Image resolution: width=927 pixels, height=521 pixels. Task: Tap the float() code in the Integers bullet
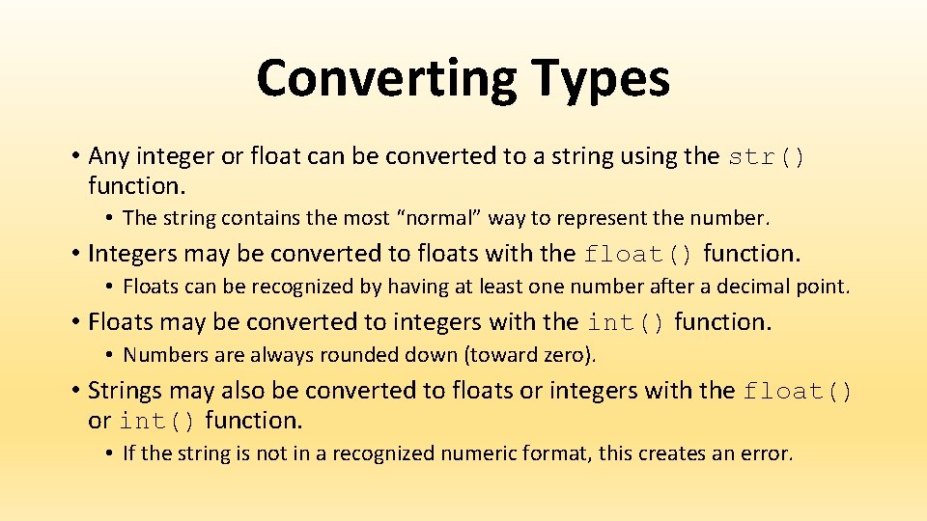click(x=639, y=255)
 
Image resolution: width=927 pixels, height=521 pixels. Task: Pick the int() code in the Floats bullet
click(x=626, y=322)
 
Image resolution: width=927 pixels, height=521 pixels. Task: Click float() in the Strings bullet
click(x=798, y=392)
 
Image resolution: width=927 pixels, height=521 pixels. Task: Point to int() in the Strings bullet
click(x=157, y=422)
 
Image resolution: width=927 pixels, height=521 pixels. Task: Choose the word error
click(x=765, y=453)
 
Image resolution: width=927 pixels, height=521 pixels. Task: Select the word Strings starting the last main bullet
click(x=126, y=391)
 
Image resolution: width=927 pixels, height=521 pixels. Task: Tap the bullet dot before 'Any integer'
click(x=74, y=156)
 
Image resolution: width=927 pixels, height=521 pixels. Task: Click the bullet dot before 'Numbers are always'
click(x=111, y=355)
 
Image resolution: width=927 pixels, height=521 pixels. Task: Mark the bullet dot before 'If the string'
click(x=111, y=453)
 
